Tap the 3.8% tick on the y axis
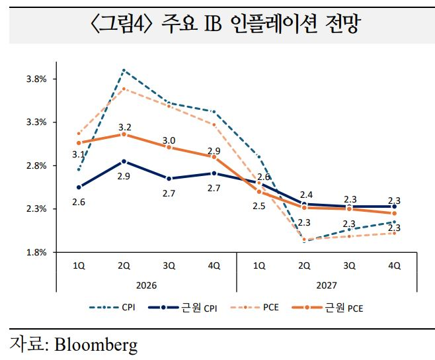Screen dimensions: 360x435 (x=36, y=79)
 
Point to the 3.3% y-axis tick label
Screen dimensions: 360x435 (x=36, y=122)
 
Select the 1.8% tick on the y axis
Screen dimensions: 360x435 (x=36, y=252)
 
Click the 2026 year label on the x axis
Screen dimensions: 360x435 (x=145, y=285)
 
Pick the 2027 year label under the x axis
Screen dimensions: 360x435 (x=327, y=285)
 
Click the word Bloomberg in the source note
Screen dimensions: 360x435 (x=96, y=345)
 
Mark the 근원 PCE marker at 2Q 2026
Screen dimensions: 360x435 (x=124, y=134)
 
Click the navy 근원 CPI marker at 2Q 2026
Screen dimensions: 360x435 (x=124, y=161)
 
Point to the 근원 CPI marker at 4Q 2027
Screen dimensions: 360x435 (x=395, y=206)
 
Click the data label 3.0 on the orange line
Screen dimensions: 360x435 (x=169, y=140)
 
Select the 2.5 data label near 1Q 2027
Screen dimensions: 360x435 (x=258, y=206)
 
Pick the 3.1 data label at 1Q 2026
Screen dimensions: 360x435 (x=79, y=155)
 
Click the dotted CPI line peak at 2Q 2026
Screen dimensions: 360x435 (x=124, y=69)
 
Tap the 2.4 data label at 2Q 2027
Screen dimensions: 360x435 (x=306, y=195)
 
